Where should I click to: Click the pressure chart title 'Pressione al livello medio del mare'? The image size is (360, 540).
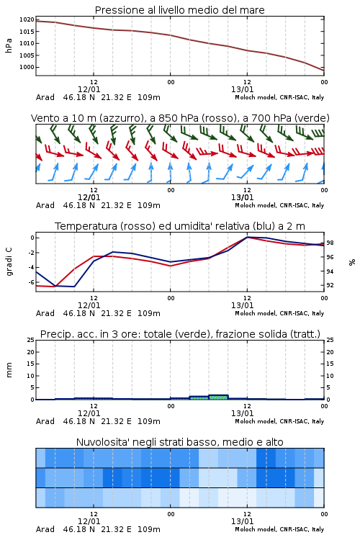(x=179, y=10)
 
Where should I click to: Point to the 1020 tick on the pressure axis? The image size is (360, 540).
(x=27, y=19)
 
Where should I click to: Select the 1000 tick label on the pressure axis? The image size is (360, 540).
(x=27, y=67)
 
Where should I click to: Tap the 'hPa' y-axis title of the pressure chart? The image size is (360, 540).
(x=9, y=45)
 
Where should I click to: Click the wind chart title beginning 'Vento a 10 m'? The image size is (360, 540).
(x=180, y=118)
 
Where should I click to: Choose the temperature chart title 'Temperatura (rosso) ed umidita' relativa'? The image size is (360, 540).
(x=180, y=226)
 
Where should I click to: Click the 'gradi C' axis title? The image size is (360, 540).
(x=9, y=262)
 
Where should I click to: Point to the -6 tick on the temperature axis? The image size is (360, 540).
(x=31, y=282)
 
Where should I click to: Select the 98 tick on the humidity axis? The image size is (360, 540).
(x=330, y=243)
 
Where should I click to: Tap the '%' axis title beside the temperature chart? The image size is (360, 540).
(x=352, y=262)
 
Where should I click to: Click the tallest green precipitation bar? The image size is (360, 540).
(x=218, y=397)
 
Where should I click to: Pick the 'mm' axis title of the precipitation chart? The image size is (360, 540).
(x=9, y=370)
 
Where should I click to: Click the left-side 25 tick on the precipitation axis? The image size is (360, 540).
(x=31, y=340)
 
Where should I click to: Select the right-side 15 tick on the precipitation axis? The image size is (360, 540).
(x=330, y=364)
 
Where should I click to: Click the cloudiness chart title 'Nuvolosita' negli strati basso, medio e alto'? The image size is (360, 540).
(x=179, y=442)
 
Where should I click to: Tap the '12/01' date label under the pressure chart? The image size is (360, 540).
(x=89, y=89)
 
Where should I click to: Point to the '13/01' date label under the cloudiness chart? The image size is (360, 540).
(x=242, y=521)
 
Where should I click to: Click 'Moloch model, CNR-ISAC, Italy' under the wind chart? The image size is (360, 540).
(x=279, y=205)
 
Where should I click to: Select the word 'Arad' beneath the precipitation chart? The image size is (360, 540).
(x=45, y=421)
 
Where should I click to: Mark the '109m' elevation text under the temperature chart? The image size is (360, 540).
(x=149, y=313)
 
